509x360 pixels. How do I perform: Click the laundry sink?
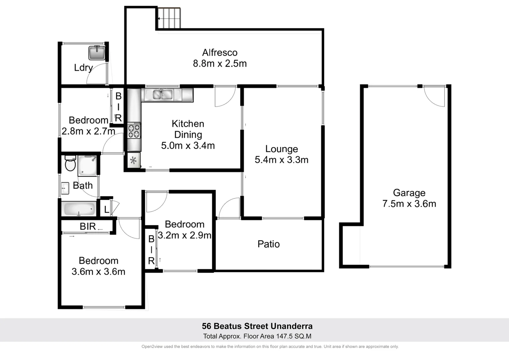97,53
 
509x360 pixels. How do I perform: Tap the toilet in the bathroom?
70,163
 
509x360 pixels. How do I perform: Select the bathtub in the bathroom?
79,209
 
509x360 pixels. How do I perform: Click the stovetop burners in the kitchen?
134,130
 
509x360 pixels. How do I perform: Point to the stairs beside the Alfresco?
169,18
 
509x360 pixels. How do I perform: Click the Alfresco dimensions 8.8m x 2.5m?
220,63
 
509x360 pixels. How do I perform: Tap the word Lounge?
281,149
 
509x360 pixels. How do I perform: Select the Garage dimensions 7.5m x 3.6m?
409,204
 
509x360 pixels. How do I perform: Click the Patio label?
268,244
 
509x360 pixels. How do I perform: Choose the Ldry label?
83,68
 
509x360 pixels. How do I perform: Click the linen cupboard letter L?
106,210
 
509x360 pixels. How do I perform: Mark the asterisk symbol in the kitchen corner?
133,161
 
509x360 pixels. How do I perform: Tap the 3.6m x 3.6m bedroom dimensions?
98,272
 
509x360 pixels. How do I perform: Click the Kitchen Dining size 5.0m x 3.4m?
188,146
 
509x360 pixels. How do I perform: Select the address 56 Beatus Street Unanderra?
257,326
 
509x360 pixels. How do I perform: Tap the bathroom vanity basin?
65,188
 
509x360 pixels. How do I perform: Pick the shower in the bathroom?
87,166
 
